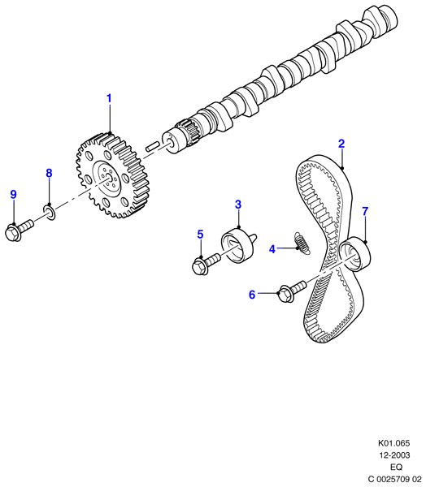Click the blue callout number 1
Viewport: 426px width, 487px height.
pos(109,98)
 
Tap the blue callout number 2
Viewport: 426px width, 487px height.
pos(341,144)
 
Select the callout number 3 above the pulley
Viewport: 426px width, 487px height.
pos(238,205)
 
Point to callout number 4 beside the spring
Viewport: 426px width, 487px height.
pos(272,249)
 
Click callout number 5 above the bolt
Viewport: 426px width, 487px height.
pos(200,235)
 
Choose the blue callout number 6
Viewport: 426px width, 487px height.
pos(252,294)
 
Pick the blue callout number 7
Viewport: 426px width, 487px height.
pos(365,211)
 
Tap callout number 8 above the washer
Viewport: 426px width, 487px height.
pos(49,173)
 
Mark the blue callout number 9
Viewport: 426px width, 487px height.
pos(13,195)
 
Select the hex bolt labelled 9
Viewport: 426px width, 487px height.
pos(19,231)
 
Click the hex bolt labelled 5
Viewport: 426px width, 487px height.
pos(206,263)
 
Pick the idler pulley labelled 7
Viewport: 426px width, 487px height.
pos(354,253)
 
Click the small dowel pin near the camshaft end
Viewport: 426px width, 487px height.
pos(153,146)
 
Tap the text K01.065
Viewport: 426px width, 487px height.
pos(394,443)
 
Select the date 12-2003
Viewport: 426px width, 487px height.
pos(394,455)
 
